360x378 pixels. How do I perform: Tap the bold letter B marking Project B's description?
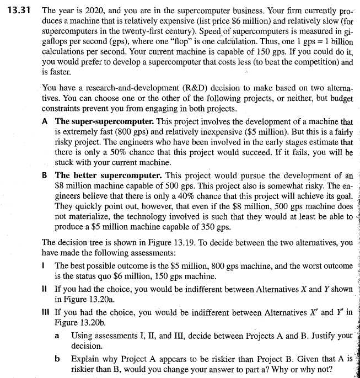click(x=46, y=175)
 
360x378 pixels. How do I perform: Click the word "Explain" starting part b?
click(x=86, y=358)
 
